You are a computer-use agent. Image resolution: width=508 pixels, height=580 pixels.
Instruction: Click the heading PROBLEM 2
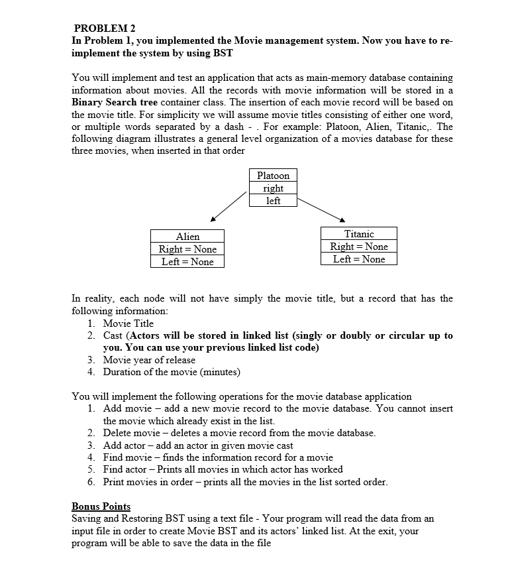point(105,28)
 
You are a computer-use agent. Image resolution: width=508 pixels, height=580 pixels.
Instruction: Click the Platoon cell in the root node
point(273,176)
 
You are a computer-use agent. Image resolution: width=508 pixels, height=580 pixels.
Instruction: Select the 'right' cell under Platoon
point(273,188)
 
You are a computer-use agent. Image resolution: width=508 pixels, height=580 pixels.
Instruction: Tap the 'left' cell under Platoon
point(273,200)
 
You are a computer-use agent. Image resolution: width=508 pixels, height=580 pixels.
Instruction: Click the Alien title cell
point(187,236)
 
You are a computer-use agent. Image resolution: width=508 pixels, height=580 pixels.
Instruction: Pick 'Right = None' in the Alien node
point(187,249)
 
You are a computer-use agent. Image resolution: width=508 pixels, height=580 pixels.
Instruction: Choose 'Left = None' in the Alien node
point(187,261)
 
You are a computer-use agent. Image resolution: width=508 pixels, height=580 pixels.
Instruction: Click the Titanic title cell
point(359,234)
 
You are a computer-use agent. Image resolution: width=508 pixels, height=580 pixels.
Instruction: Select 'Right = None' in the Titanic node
point(359,247)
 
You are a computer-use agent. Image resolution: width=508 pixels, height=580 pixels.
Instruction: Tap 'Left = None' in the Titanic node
point(359,259)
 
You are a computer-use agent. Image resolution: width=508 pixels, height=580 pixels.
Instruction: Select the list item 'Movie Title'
point(128,323)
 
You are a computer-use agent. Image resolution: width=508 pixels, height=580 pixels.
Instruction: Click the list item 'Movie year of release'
point(149,360)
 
